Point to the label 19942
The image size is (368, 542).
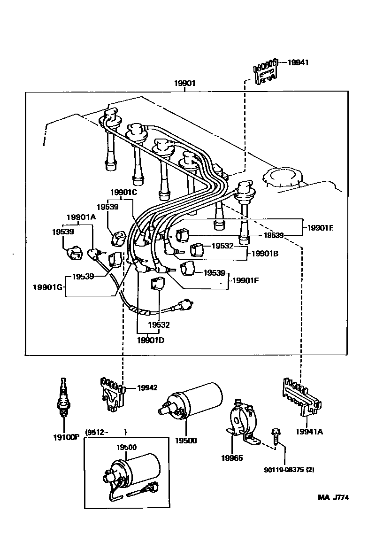(147, 387)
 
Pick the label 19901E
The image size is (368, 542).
(320, 227)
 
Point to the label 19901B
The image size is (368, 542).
(265, 253)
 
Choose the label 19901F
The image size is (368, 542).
(245, 280)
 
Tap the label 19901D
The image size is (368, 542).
(151, 340)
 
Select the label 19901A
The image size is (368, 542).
(81, 217)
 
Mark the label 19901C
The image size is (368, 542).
(123, 192)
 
